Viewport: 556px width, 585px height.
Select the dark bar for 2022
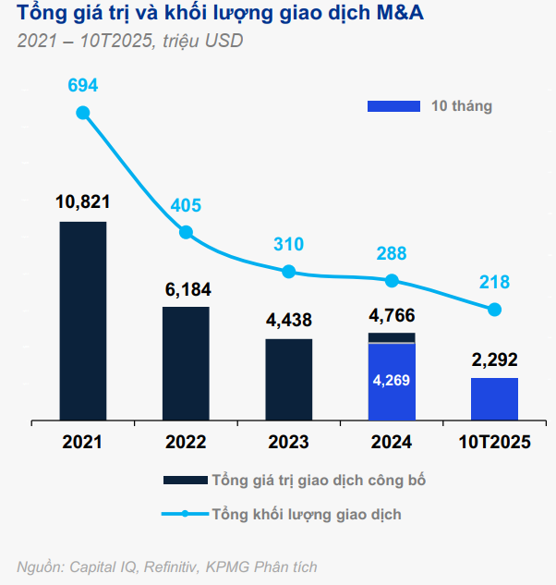tap(186, 364)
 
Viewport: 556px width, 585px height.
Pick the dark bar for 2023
tap(288, 380)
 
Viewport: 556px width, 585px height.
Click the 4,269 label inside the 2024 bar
tap(391, 380)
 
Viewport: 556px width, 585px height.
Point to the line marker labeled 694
tap(83, 113)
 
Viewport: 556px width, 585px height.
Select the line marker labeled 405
tap(186, 233)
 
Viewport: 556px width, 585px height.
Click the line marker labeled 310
tap(288, 272)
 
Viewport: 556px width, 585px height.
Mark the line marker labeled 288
tap(392, 280)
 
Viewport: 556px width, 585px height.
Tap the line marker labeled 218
tap(494, 310)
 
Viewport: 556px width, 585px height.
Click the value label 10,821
tap(83, 201)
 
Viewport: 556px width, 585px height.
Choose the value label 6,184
tap(186, 288)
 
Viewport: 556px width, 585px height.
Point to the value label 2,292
tap(494, 360)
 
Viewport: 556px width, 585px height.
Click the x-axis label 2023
tap(288, 442)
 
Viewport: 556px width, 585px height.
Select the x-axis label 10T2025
tap(494, 442)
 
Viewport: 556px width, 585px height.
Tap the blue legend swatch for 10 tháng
tap(393, 106)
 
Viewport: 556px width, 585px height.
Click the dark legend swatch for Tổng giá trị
tap(185, 481)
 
